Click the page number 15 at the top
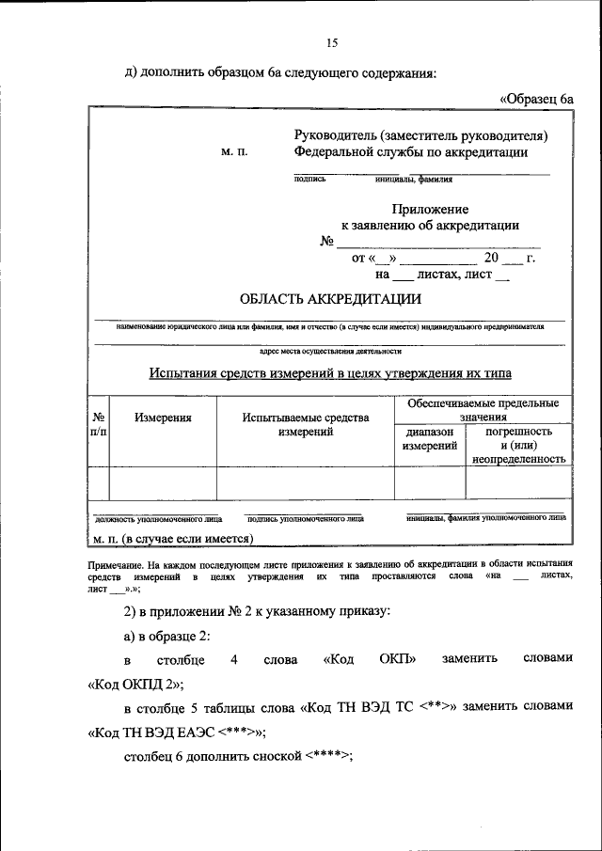331,42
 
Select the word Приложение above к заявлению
430,210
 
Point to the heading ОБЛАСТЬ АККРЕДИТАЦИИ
330,299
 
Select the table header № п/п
98,424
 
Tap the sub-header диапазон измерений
429,439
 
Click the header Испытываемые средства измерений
305,424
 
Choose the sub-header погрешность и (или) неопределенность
518,446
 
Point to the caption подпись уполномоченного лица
306,518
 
